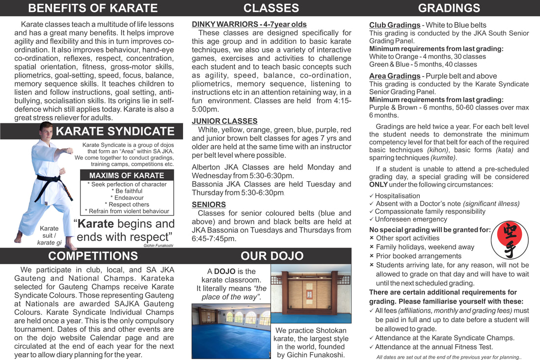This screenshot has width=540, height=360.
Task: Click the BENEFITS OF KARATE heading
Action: pos(93,8)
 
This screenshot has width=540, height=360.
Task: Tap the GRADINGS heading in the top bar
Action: pos(449,8)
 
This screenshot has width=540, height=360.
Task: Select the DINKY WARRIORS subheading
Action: pos(249,24)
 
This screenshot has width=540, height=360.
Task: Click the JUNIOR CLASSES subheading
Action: pos(224,121)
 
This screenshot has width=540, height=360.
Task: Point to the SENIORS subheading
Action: pos(209,204)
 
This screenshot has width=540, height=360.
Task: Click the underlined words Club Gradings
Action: pos(394,25)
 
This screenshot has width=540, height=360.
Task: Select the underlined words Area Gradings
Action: pos(394,76)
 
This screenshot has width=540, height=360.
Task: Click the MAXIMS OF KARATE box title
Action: pos(126,175)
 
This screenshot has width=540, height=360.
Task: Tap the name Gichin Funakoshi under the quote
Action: pos(159,245)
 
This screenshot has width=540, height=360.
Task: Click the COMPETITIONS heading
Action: pos(93,256)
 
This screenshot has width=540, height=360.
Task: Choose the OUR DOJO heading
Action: pos(271,256)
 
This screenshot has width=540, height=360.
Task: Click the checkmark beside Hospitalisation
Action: pos(372,196)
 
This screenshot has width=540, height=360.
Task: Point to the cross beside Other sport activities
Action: pos(372,238)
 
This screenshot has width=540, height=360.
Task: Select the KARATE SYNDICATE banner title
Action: pos(115,131)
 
